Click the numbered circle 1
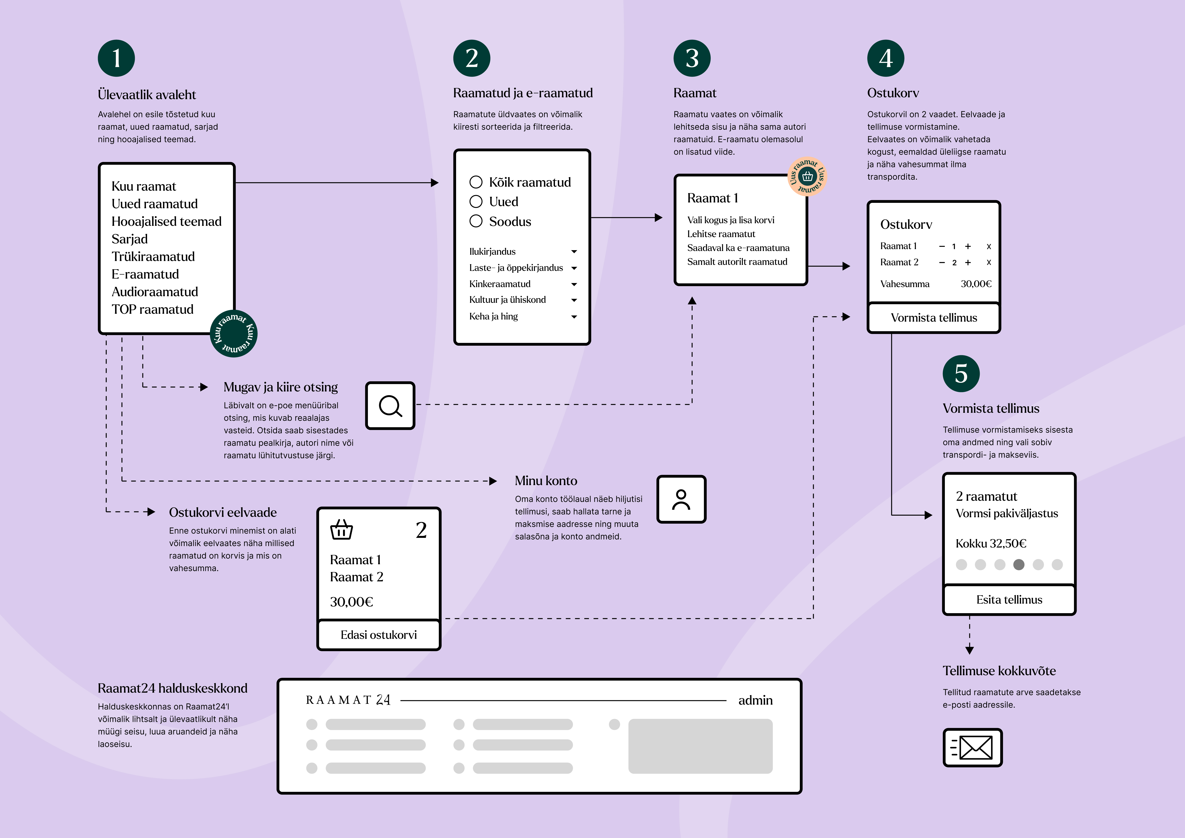click(x=116, y=58)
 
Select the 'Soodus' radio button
click(x=476, y=221)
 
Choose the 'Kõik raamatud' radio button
click(x=476, y=182)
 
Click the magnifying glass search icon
click(x=390, y=406)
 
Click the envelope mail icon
click(x=972, y=748)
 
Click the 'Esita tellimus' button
click(x=1009, y=600)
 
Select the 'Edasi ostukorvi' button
click(x=378, y=635)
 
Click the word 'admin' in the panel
click(x=755, y=700)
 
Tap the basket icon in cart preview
click(x=341, y=530)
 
